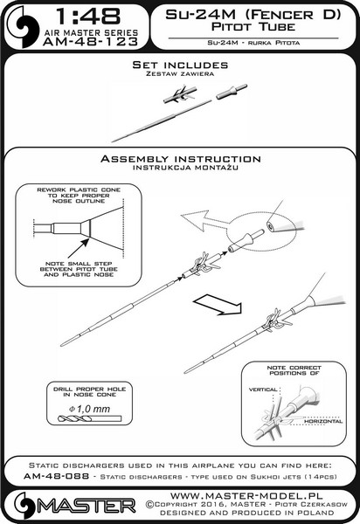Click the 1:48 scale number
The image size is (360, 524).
[x=88, y=16]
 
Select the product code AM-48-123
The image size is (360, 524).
[x=90, y=41]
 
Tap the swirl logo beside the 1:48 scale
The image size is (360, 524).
[x=23, y=27]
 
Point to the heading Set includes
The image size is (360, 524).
[x=180, y=65]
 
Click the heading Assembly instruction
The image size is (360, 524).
[x=181, y=159]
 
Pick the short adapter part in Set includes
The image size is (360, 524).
[x=232, y=92]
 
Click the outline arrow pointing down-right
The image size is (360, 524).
[x=218, y=305]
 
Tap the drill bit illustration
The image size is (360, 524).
[x=89, y=418]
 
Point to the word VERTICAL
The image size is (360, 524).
[x=263, y=390]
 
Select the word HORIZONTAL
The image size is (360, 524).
[x=323, y=422]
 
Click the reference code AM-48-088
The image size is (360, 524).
[x=56, y=476]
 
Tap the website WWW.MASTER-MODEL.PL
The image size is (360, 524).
[x=246, y=495]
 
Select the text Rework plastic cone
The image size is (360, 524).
[x=79, y=190]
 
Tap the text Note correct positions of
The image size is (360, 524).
[x=294, y=370]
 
